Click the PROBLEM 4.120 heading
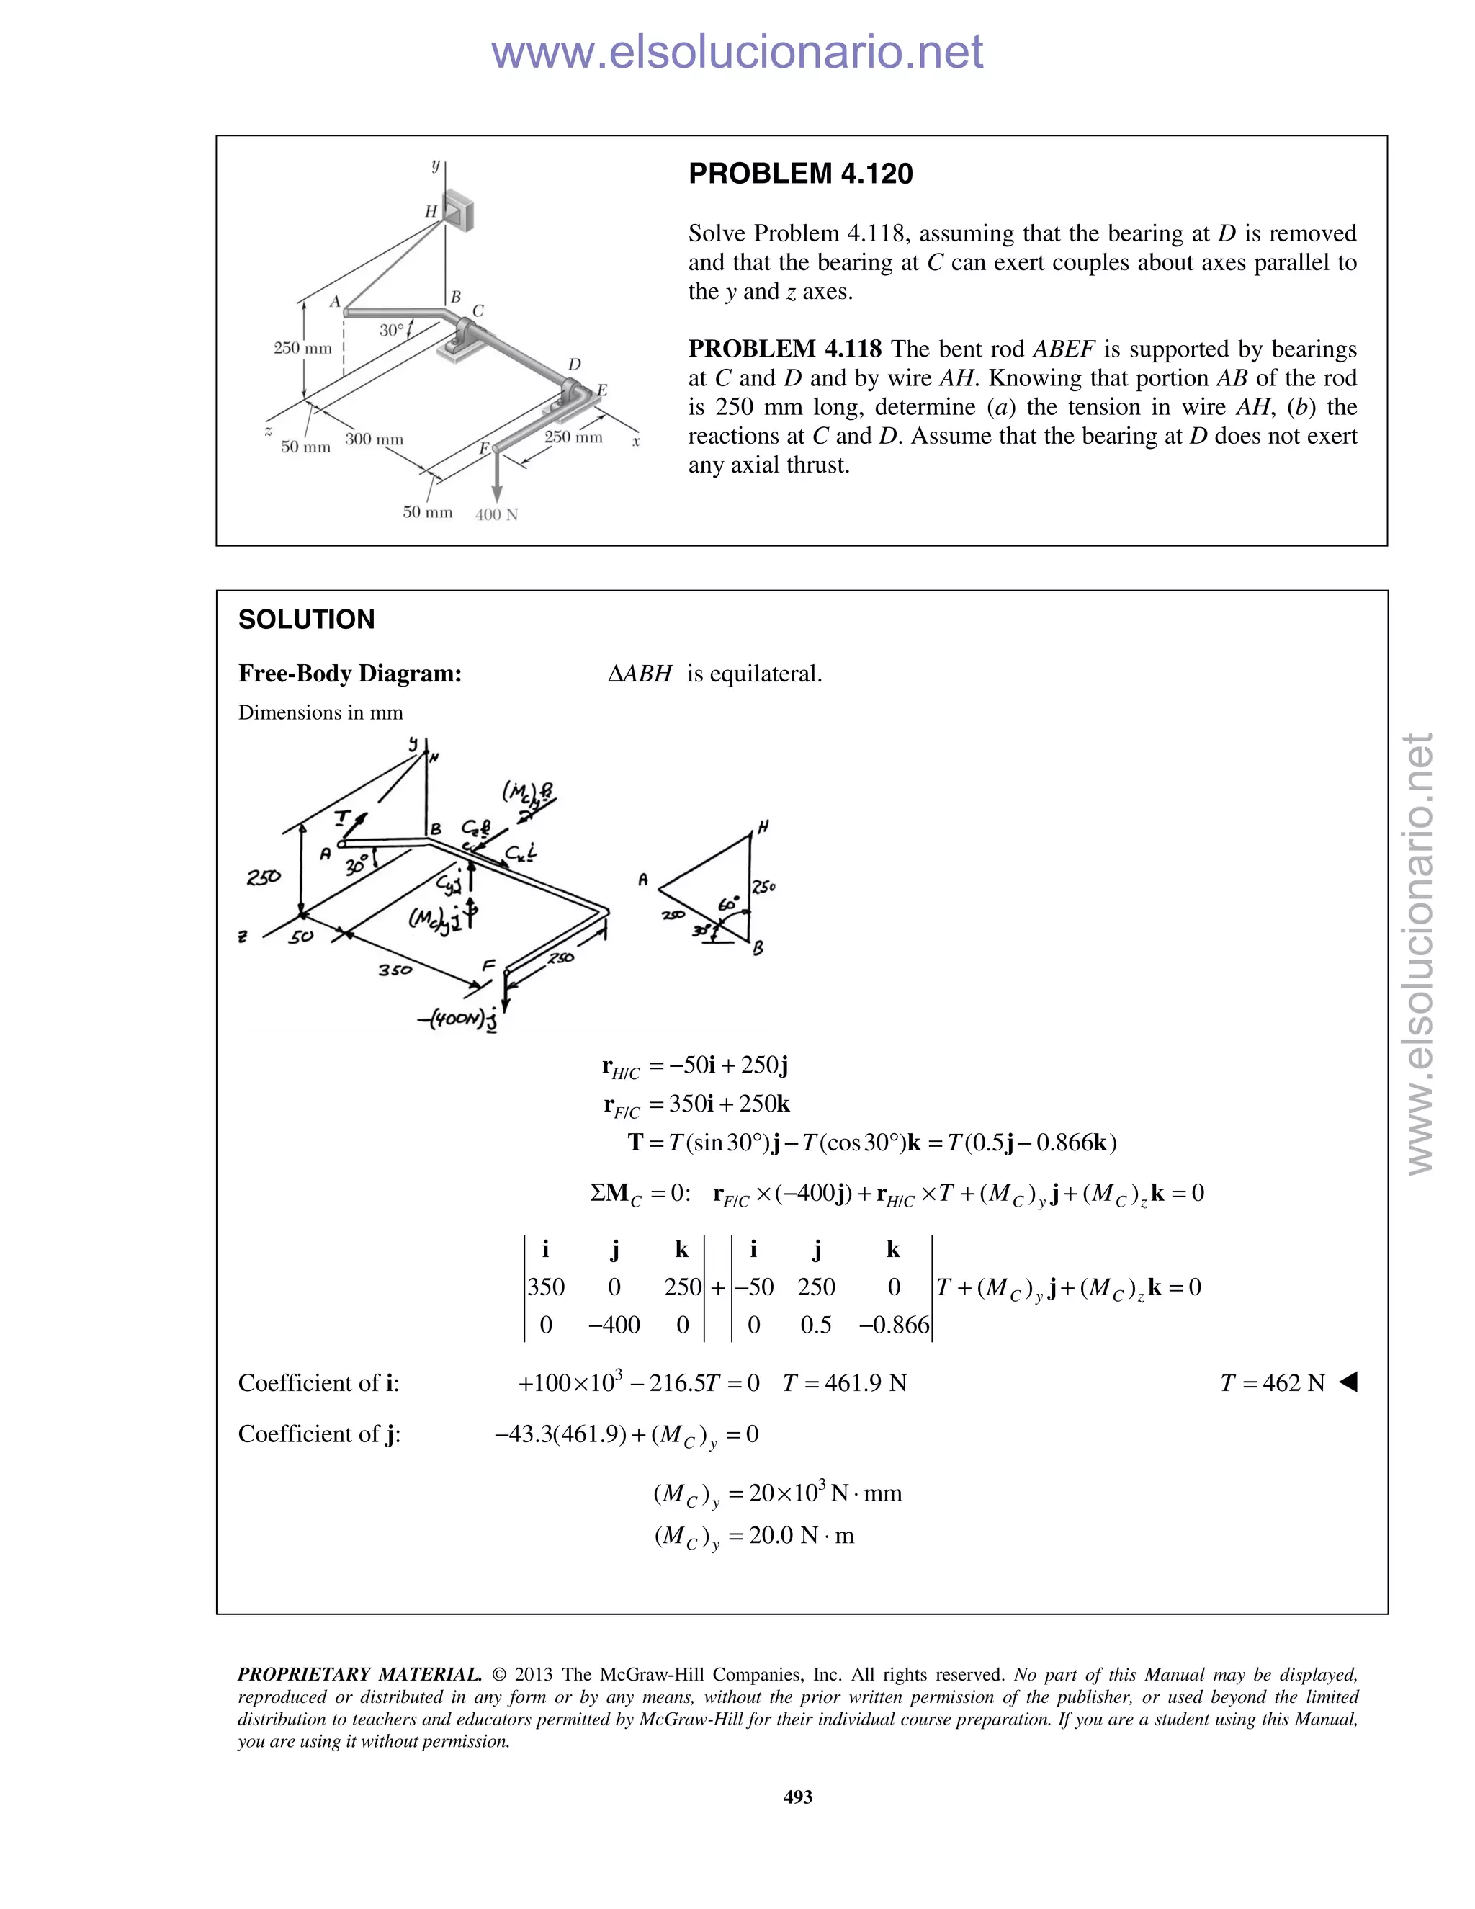(800, 174)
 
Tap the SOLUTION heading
(306, 620)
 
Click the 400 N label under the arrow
(496, 515)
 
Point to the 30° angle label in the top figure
(393, 331)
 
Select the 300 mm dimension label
(374, 439)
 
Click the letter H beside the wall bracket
(431, 212)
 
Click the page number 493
(798, 1796)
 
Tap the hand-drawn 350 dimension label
(395, 970)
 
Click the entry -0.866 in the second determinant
(894, 1325)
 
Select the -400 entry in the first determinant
(614, 1325)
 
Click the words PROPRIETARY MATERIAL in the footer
(359, 1675)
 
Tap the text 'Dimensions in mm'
(320, 712)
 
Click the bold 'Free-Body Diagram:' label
(349, 674)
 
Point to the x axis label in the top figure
(636, 442)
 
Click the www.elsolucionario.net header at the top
(737, 53)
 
